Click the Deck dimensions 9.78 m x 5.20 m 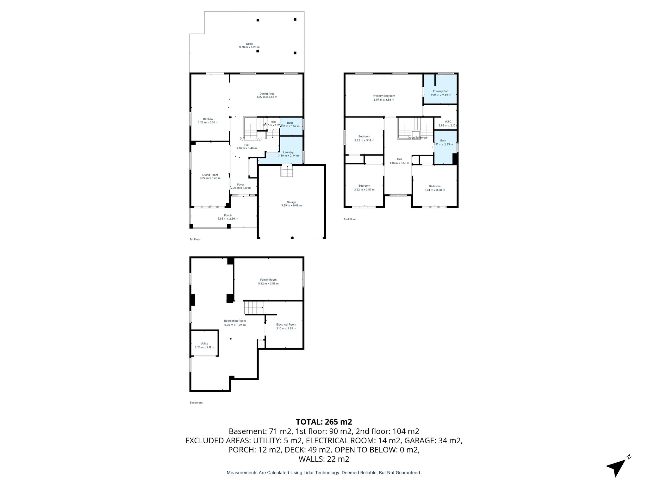click(x=249, y=47)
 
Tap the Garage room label click(x=291, y=202)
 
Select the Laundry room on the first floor click(x=288, y=154)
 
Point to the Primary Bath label click(x=441, y=91)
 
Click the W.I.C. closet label click(x=448, y=121)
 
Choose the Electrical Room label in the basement click(x=286, y=325)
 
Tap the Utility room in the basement click(x=204, y=344)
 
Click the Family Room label click(x=268, y=280)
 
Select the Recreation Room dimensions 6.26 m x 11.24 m click(x=235, y=325)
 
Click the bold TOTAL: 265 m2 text click(x=324, y=422)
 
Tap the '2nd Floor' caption click(x=350, y=219)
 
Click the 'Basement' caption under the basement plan click(x=196, y=403)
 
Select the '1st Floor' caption click(x=195, y=240)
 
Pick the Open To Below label click(x=417, y=138)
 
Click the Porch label click(x=227, y=215)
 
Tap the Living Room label click(x=210, y=175)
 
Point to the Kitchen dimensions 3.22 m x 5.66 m click(x=208, y=122)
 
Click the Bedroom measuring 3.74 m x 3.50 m click(x=434, y=188)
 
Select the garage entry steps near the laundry click(x=287, y=171)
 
